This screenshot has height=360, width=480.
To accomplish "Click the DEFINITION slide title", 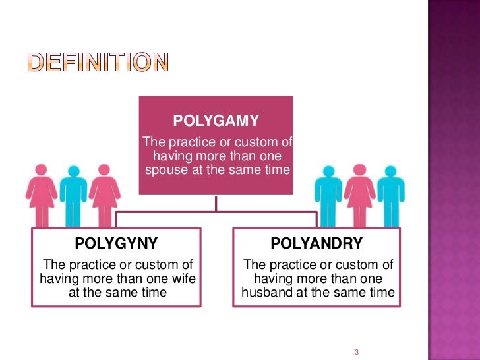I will click(x=98, y=62).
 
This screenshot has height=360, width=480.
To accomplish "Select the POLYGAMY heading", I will click(x=216, y=121).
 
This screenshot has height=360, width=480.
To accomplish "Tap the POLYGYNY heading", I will click(x=116, y=243).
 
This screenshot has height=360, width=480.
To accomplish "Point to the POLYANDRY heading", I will click(x=316, y=243).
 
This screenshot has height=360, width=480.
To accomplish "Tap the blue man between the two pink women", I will click(x=73, y=195).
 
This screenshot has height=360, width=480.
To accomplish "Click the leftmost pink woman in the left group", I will click(x=42, y=195).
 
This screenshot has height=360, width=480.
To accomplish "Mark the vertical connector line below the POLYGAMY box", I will click(x=216, y=203).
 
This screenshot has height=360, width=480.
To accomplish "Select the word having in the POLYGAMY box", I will click(x=173, y=156).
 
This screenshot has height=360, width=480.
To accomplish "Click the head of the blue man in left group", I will click(x=73, y=171).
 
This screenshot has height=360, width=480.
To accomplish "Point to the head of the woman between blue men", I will click(x=359, y=169).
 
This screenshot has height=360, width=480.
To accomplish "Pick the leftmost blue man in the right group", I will click(x=328, y=195).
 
